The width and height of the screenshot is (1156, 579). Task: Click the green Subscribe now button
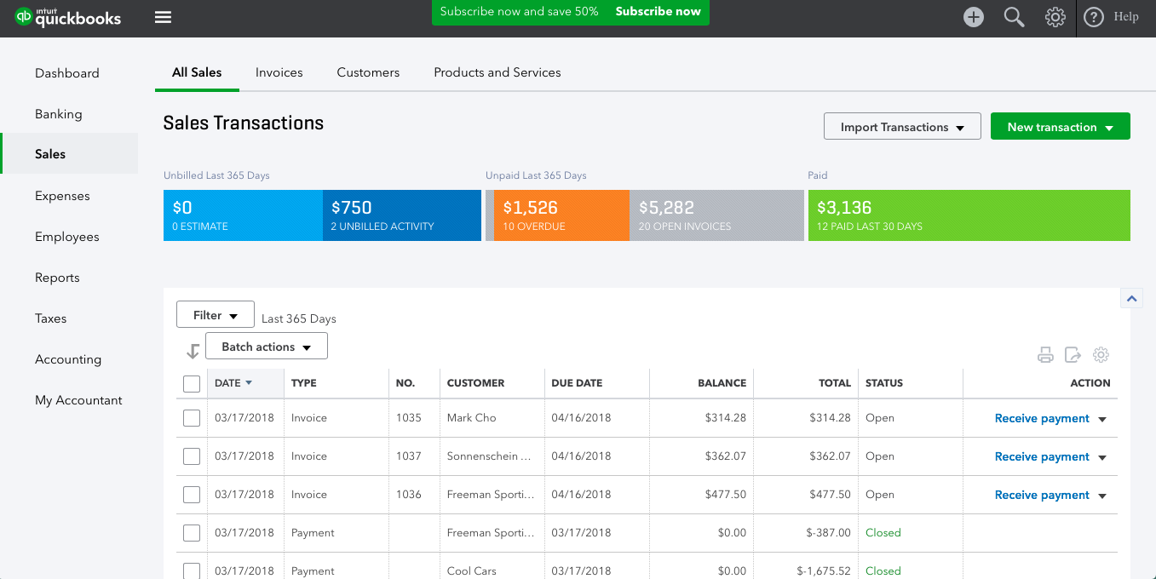point(658,12)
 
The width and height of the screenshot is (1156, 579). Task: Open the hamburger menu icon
point(163,17)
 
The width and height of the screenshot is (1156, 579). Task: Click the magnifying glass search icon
point(1014,17)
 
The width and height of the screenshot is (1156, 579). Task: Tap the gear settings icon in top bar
point(1055,17)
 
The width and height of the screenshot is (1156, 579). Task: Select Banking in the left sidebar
point(59,114)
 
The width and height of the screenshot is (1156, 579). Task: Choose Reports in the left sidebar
point(57,278)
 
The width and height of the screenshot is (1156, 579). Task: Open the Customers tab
point(368,72)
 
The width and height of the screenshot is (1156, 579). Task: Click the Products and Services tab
point(497,72)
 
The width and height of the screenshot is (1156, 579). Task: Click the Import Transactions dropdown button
point(902,127)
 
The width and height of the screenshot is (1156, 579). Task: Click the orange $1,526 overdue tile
point(561,215)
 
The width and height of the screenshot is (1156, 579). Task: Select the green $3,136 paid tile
point(969,215)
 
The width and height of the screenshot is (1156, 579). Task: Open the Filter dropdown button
point(215,315)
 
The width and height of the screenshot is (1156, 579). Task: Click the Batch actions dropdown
point(266,347)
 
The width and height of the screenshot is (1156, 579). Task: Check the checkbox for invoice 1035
point(192,418)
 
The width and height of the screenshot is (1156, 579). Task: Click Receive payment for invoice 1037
point(1042,456)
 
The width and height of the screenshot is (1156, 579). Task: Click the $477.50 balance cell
point(725,495)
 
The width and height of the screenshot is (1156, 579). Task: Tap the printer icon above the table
point(1045,355)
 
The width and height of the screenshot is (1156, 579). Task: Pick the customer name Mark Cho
point(471,418)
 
